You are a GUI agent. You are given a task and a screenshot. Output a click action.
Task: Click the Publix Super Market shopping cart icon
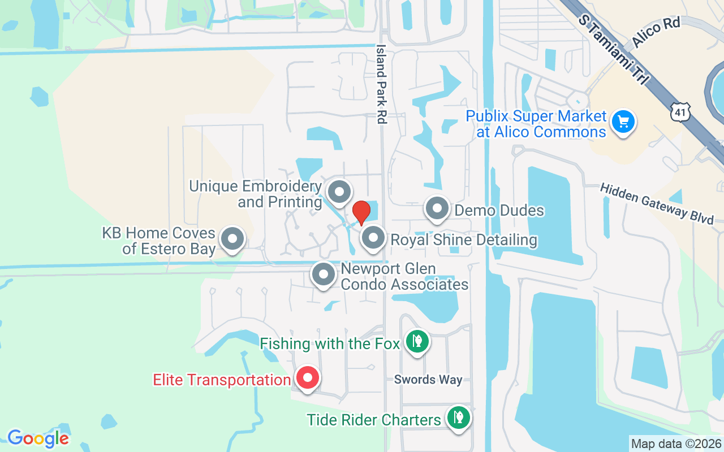coord(623,121)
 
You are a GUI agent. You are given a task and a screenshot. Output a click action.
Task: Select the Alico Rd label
coord(656,33)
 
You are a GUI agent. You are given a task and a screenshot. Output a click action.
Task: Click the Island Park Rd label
coord(381,84)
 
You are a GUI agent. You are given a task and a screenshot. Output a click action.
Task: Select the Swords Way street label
coord(428,380)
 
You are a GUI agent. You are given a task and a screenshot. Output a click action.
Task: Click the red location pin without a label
coord(361,212)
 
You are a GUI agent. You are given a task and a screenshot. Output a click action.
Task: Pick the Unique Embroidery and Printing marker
coord(339,192)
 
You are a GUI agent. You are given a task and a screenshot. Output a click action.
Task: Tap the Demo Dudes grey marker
coord(437,209)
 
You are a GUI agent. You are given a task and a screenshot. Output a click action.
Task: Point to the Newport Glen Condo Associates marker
coord(324,275)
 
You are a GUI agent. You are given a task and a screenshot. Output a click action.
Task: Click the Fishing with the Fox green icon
coord(417,341)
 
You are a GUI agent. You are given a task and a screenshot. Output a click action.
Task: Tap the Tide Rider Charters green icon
coord(459,418)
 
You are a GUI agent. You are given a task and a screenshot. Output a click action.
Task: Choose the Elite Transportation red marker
coord(308,378)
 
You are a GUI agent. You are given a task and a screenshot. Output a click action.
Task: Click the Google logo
coord(38,438)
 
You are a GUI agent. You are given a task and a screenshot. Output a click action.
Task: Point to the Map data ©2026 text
coord(676,444)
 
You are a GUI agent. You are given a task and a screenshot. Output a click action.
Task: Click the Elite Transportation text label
coord(222,380)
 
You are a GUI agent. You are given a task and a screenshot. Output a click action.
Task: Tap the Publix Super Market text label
coord(535,124)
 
